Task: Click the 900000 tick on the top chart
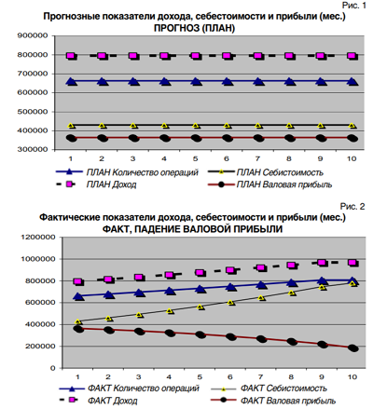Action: point(33,35)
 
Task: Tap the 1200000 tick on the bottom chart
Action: point(38,238)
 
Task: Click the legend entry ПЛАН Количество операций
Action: point(127,172)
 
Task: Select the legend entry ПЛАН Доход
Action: point(96,184)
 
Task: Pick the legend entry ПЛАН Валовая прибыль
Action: point(269,184)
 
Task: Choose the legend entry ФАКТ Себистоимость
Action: point(269,389)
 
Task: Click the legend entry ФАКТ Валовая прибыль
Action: point(273,401)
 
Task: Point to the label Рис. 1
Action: point(354,6)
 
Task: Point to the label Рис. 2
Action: point(352,207)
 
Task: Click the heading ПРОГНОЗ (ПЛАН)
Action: point(194,28)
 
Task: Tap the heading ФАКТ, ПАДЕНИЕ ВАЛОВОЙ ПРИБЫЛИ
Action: point(192,229)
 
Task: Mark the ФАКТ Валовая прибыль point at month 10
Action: point(353,348)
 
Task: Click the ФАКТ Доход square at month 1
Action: point(78,282)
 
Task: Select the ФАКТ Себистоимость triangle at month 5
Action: point(200,307)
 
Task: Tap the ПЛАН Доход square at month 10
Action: point(352,56)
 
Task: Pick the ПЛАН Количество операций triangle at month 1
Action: point(71,82)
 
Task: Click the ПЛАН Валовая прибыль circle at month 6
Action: point(228,138)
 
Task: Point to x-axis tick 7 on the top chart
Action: point(257,158)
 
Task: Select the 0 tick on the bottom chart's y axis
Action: point(53,368)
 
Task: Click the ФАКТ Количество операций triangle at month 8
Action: point(291,282)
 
